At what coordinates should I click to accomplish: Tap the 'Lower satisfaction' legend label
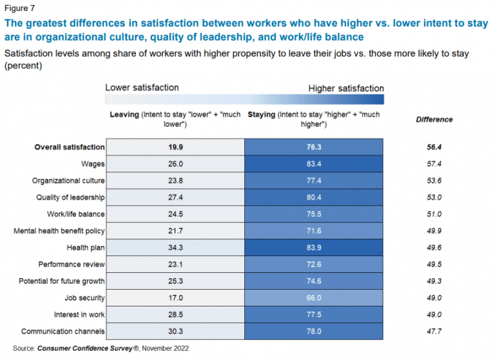pyautogui.click(x=142, y=87)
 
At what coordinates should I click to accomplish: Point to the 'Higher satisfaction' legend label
pyautogui.click(x=346, y=88)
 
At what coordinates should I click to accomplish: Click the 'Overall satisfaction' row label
pyautogui.click(x=69, y=147)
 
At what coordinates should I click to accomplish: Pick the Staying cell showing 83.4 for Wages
pyautogui.click(x=315, y=164)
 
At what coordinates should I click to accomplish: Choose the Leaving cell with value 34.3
pyautogui.click(x=175, y=248)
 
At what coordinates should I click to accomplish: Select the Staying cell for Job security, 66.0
pyautogui.click(x=315, y=298)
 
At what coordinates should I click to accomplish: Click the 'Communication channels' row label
pyautogui.click(x=63, y=332)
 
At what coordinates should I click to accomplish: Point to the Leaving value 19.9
pyautogui.click(x=175, y=147)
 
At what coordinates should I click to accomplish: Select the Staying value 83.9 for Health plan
pyautogui.click(x=315, y=248)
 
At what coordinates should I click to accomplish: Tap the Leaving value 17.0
pyautogui.click(x=175, y=298)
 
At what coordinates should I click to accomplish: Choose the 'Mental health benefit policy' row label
pyautogui.click(x=59, y=231)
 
